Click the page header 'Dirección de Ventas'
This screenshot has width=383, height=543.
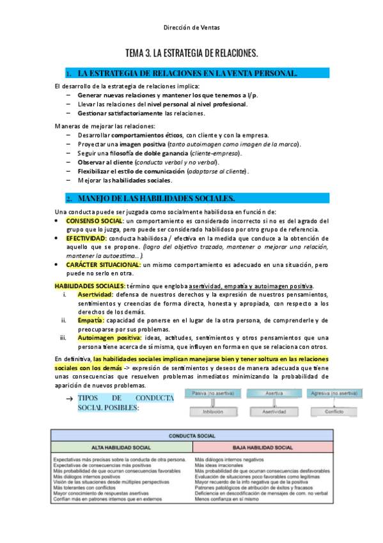191,28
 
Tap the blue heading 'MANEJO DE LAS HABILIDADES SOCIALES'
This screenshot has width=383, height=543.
156,199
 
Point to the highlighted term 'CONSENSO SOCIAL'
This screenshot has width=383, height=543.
95,221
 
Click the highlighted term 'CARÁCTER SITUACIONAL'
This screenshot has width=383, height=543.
103,264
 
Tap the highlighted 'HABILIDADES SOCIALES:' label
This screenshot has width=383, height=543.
90,286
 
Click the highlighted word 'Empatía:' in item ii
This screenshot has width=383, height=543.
91,320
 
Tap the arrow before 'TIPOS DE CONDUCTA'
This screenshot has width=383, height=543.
69,399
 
